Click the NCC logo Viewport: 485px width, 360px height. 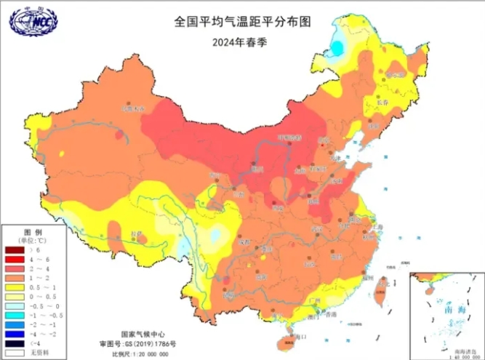32,21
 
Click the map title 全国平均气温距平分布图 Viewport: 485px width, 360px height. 242,22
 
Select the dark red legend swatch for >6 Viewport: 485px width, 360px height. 15,249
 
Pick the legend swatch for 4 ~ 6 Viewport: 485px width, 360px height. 15,259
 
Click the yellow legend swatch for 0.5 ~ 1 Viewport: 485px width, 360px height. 15,287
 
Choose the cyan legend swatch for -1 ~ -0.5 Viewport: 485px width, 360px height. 15,316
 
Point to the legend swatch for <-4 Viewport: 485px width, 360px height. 15,344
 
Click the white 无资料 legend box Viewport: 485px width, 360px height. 15,353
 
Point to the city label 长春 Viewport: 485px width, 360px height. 383,103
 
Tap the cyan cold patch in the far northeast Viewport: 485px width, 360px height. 338,48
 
